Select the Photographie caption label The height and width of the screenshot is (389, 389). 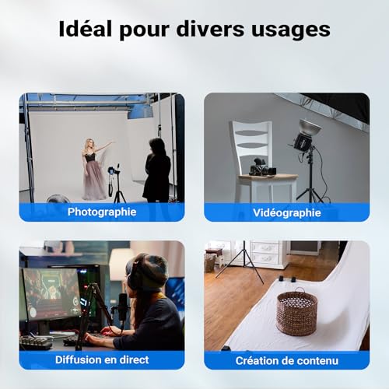[x=102, y=212]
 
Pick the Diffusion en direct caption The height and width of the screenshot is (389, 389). [x=102, y=360]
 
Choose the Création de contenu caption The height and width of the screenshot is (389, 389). [x=287, y=360]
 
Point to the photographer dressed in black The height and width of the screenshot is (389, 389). [x=157, y=168]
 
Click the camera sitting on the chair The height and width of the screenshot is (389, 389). [x=259, y=166]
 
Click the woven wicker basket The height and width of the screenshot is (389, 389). [x=296, y=312]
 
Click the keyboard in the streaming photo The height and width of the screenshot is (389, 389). [x=37, y=341]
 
